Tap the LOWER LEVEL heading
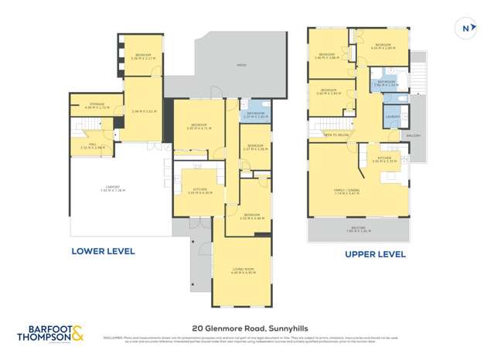pyautogui.click(x=103, y=250)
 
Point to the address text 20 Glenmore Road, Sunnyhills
pyautogui.click(x=247, y=328)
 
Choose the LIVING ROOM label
pyautogui.click(x=242, y=270)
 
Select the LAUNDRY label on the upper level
pyautogui.click(x=392, y=117)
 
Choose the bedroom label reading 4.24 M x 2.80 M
pyautogui.click(x=383, y=47)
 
